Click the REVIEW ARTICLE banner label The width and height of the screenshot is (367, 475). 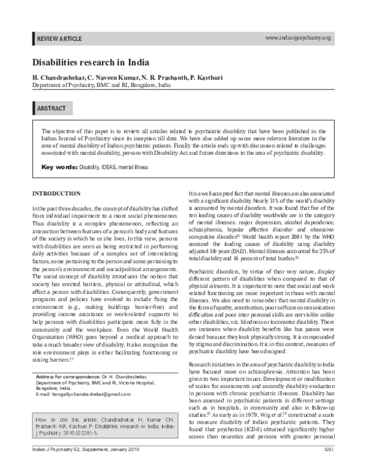click(x=59, y=39)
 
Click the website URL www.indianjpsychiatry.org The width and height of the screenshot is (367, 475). click(x=298, y=38)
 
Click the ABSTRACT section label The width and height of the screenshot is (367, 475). click(x=52, y=108)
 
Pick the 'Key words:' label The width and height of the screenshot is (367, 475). click(x=59, y=167)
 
